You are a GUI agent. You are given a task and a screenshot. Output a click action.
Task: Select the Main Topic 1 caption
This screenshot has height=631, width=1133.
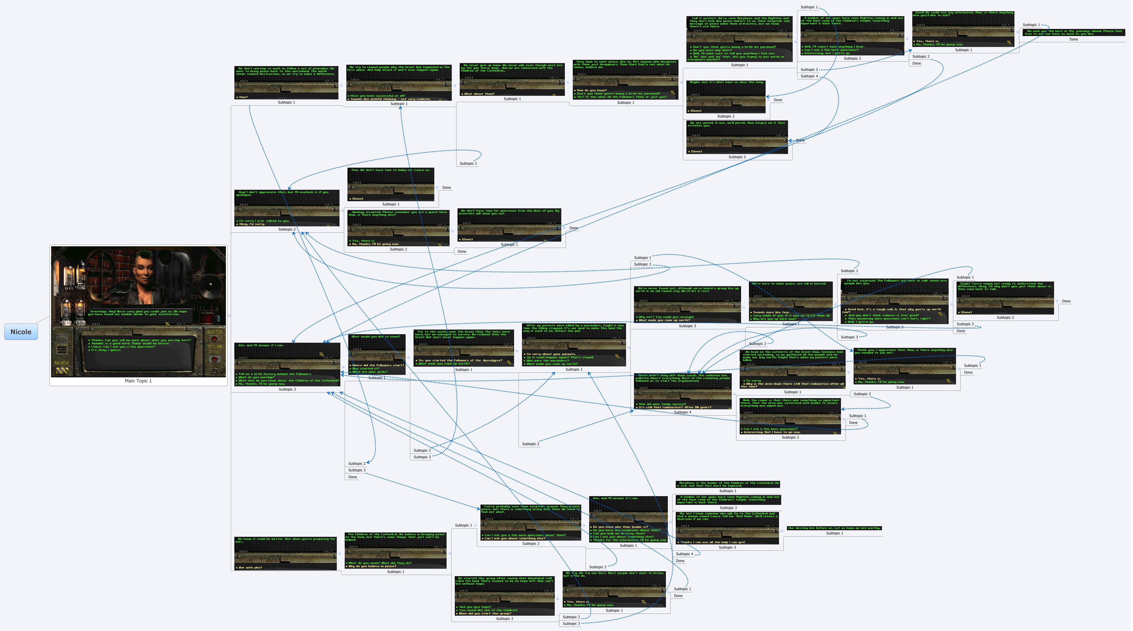click(138, 381)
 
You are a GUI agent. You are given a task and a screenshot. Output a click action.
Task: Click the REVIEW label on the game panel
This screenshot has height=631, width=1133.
click(61, 363)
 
